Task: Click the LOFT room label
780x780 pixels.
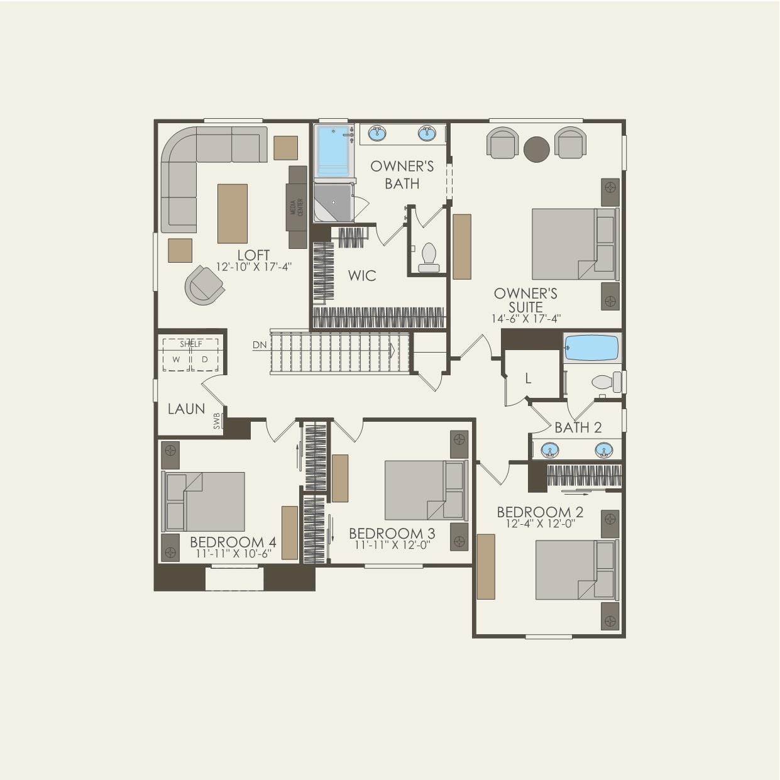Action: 253,255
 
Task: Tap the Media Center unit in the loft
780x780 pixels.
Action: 298,207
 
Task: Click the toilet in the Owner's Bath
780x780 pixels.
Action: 429,256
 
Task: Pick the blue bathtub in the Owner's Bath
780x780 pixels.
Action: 332,151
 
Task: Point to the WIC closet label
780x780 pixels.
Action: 362,275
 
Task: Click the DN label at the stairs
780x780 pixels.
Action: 260,345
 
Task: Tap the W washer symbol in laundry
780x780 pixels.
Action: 177,360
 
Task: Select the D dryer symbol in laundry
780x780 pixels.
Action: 205,360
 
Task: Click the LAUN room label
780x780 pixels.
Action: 186,409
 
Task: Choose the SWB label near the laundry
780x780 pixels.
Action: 217,420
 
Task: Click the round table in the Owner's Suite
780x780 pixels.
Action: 536,149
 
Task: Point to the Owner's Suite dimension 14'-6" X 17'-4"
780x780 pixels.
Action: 525,319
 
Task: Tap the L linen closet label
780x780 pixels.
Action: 528,379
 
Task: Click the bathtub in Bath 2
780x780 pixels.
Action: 591,348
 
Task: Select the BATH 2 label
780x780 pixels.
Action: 578,428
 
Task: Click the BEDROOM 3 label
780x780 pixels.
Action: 392,534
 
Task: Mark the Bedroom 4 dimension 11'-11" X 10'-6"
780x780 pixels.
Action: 233,554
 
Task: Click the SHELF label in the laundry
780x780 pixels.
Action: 191,344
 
